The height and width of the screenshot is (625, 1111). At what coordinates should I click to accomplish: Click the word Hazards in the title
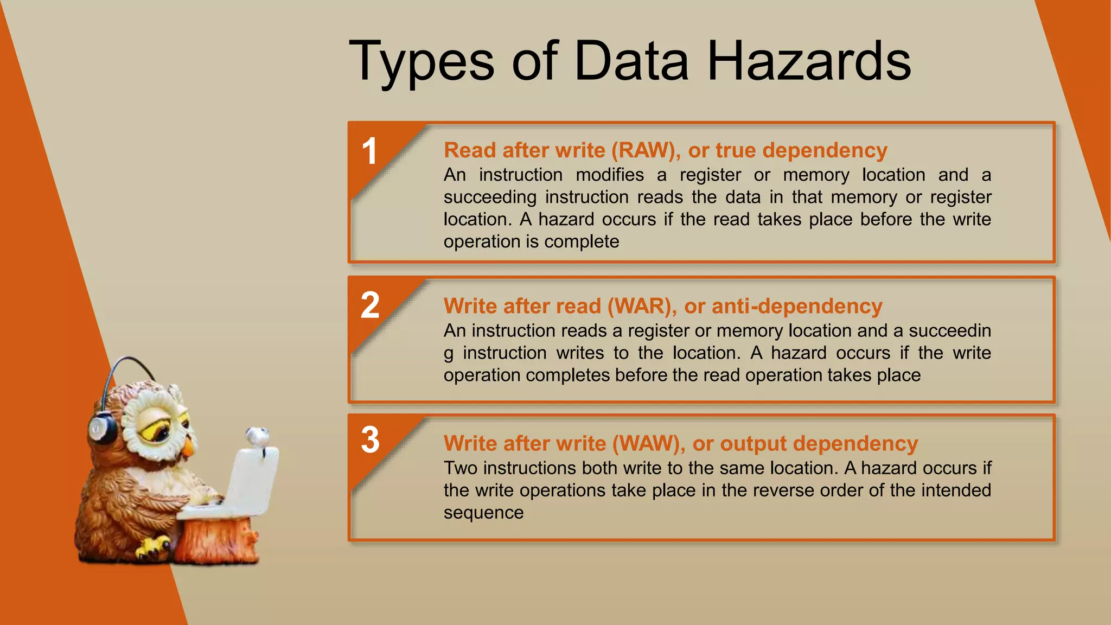click(x=808, y=61)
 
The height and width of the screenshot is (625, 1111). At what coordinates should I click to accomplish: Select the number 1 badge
click(x=369, y=151)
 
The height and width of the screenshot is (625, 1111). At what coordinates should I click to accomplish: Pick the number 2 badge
click(x=370, y=305)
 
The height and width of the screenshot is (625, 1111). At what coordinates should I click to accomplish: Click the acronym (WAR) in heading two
click(x=642, y=306)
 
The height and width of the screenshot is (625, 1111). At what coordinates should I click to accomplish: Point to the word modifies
click(x=610, y=175)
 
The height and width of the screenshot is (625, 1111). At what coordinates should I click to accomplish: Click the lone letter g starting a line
click(x=448, y=354)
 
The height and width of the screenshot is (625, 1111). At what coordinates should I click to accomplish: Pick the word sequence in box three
click(x=483, y=513)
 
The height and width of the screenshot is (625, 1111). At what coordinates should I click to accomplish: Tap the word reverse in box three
click(x=783, y=490)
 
